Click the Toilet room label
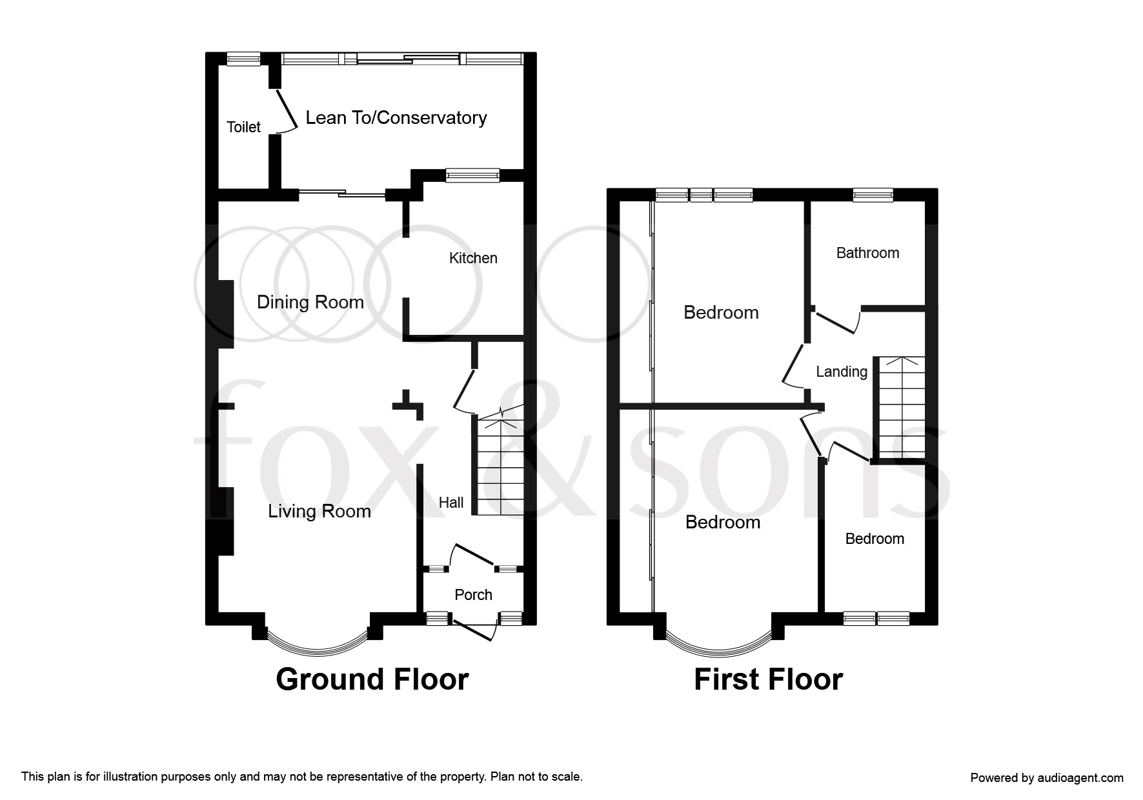pyautogui.click(x=243, y=127)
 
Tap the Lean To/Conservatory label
pyautogui.click(x=396, y=118)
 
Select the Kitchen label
pyautogui.click(x=473, y=258)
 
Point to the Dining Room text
pyautogui.click(x=310, y=303)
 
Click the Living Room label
pyautogui.click(x=319, y=512)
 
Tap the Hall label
pyautogui.click(x=451, y=503)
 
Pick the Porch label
pyautogui.click(x=473, y=595)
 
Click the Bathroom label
pyautogui.click(x=867, y=253)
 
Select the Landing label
pyautogui.click(x=842, y=372)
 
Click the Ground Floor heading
pyautogui.click(x=372, y=679)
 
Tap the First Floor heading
pyautogui.click(x=768, y=679)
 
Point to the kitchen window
pyautogui.click(x=472, y=175)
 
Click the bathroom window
pyautogui.click(x=873, y=195)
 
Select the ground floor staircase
pyautogui.click(x=499, y=461)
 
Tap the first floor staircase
pyautogui.click(x=900, y=408)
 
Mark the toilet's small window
pyautogui.click(x=243, y=59)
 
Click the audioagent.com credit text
pyautogui.click(x=1047, y=778)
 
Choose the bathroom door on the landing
pyautogui.click(x=838, y=321)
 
